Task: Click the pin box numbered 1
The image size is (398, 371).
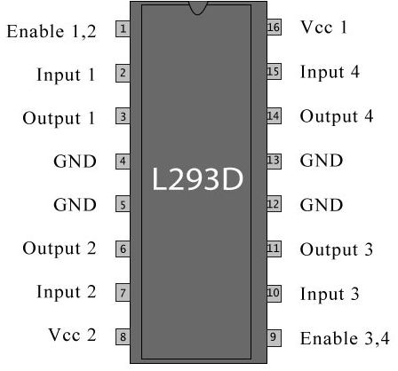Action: (123, 29)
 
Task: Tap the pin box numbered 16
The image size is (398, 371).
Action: (274, 28)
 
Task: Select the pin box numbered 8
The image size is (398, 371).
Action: (123, 336)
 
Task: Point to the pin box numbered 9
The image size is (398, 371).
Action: (274, 337)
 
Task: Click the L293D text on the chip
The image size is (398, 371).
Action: (197, 179)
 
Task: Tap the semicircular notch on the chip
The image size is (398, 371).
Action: (198, 8)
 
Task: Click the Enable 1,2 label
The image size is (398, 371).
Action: (52, 31)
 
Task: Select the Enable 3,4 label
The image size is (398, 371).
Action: (345, 338)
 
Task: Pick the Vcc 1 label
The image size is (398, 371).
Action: (323, 28)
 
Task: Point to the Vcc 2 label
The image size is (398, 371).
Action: (73, 335)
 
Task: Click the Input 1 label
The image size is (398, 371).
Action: (66, 75)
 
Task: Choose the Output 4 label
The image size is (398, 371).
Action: (337, 116)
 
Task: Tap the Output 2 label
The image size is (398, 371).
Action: (60, 249)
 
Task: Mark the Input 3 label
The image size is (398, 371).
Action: (330, 294)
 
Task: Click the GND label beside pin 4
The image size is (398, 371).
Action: (75, 162)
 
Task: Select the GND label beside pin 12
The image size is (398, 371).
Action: (322, 205)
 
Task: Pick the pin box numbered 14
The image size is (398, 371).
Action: (274, 116)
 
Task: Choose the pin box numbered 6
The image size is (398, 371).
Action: (123, 249)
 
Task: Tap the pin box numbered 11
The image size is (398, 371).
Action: (274, 249)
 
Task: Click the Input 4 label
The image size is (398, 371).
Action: (330, 72)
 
